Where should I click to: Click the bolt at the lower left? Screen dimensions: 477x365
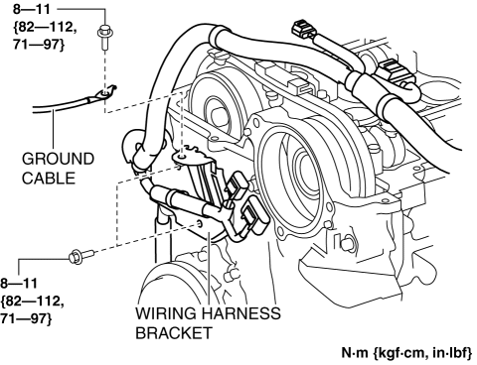point(81,256)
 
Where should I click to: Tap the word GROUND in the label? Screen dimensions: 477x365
point(59,159)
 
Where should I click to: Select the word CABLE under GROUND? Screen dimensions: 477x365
point(49,179)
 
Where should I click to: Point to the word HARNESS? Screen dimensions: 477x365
point(241,313)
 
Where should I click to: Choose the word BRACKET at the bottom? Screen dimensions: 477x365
point(174,333)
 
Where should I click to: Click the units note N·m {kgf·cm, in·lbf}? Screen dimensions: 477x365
point(407,353)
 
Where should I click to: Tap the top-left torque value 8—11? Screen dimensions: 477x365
point(32,9)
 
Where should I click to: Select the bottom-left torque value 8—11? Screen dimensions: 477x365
point(19,284)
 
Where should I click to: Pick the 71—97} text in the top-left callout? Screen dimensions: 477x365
point(39,45)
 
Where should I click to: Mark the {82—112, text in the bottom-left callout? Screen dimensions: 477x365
point(32,302)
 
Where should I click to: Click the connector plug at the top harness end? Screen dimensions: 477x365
point(302,29)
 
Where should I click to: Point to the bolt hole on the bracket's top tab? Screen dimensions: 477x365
point(181,155)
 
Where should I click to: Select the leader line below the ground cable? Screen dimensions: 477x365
point(54,130)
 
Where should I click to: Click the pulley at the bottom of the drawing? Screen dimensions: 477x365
point(172,288)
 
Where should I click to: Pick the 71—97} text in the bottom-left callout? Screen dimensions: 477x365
point(26,319)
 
